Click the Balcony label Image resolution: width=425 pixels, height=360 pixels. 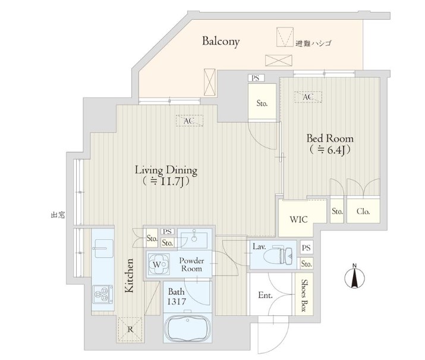click(221, 41)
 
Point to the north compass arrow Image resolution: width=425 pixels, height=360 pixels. click(354, 277)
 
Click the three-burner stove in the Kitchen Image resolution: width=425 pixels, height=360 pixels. click(102, 295)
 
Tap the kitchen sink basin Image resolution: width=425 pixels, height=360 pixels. click(102, 248)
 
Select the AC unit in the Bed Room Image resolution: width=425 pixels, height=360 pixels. click(308, 97)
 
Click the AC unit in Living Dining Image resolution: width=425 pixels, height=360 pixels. click(189, 121)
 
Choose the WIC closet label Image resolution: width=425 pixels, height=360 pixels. click(298, 220)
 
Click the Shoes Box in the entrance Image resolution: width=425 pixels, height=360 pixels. click(304, 295)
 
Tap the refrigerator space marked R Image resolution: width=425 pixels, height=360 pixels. click(130, 330)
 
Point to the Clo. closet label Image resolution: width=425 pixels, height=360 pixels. click(363, 211)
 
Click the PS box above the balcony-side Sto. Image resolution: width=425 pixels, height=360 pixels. click(256, 78)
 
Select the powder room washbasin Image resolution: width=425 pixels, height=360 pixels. click(194, 238)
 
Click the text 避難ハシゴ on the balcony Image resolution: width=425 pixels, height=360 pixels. click(314, 43)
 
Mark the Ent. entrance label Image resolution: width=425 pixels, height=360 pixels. click(265, 295)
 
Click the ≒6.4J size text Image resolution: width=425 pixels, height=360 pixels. click(330, 149)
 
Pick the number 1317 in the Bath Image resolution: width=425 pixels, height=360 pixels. click(176, 302)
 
